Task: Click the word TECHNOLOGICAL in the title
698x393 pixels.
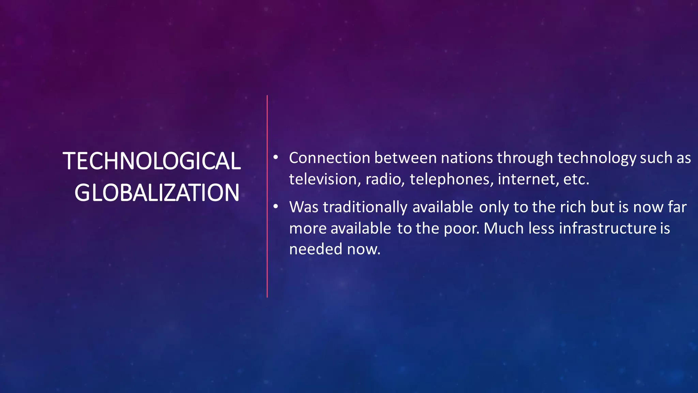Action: click(152, 161)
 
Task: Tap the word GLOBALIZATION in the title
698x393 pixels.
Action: click(157, 193)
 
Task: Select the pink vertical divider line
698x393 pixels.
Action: click(267, 196)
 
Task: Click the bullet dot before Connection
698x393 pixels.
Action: click(276, 158)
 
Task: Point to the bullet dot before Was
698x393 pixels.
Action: click(276, 207)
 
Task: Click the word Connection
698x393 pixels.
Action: click(330, 158)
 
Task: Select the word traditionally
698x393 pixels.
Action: click(365, 207)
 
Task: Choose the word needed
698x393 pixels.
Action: click(316, 249)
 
